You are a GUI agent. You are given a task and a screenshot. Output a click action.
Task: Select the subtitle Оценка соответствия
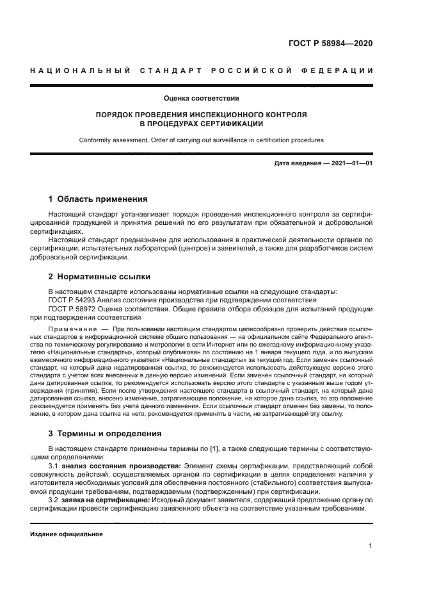[x=201, y=99]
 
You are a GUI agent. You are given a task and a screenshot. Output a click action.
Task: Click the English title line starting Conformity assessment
[x=201, y=140]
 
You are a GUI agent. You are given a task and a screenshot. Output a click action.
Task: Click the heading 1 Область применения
[x=98, y=199]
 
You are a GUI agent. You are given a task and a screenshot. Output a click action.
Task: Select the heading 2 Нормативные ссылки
[x=99, y=277]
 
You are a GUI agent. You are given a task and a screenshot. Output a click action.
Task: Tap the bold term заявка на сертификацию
[x=106, y=499]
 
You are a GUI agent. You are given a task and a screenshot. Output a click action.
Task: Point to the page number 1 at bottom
[x=371, y=546]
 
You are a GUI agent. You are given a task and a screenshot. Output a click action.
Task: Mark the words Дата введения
[x=298, y=163]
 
